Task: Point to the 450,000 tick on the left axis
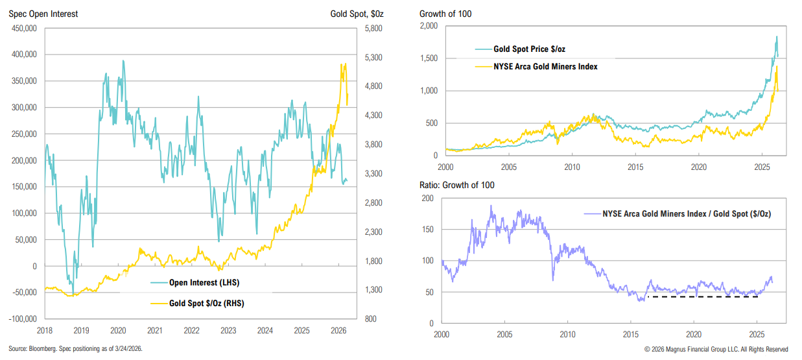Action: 23,29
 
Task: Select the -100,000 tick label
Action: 22,319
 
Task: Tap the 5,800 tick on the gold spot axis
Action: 375,29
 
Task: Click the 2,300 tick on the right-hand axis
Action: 375,232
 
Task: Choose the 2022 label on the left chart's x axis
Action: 191,330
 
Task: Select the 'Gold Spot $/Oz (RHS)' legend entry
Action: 206,303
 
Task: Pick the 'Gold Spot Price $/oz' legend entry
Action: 534,49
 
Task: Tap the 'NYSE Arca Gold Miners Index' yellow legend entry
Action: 545,66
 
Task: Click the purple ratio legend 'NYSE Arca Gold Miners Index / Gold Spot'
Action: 686,213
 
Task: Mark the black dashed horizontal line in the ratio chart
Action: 703,297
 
